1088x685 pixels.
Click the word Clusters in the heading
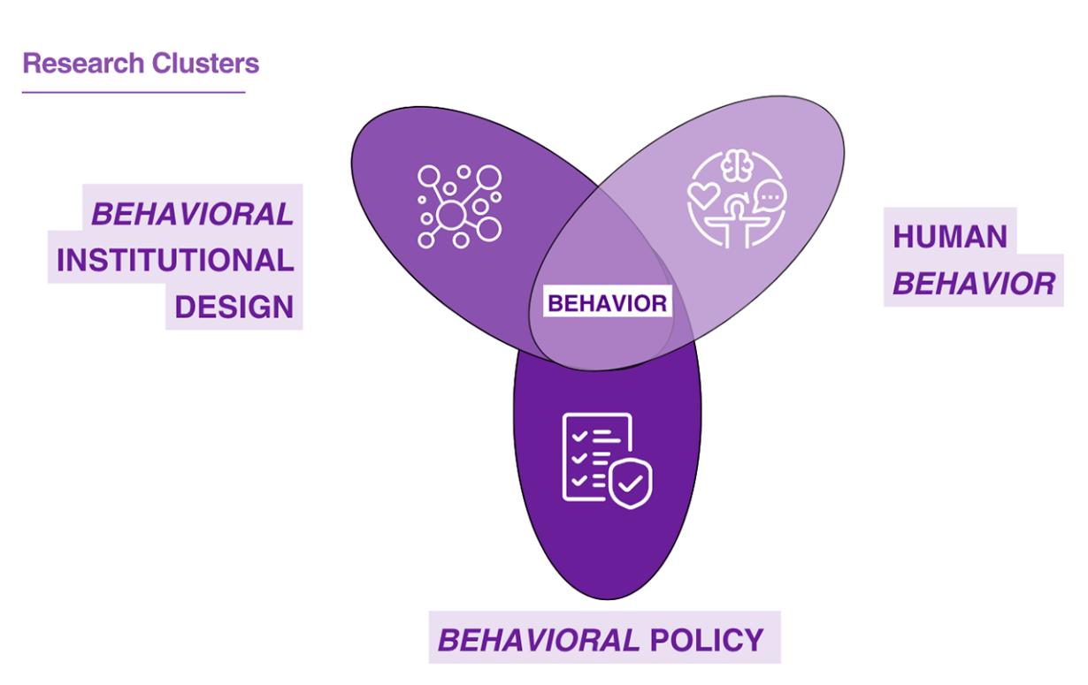pos(205,64)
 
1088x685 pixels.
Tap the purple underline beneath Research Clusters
pos(133,92)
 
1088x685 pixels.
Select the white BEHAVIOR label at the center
pos(607,304)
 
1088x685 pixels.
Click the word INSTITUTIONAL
pos(175,261)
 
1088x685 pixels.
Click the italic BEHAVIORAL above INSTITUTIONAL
pos(192,214)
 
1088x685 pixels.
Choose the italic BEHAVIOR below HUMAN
pos(973,284)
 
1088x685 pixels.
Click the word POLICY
pos(706,639)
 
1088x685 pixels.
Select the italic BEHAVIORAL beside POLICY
pos(539,639)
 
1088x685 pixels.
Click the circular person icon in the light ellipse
pos(737,198)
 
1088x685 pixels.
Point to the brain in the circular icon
pos(737,164)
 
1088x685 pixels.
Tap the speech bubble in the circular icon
pos(770,194)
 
